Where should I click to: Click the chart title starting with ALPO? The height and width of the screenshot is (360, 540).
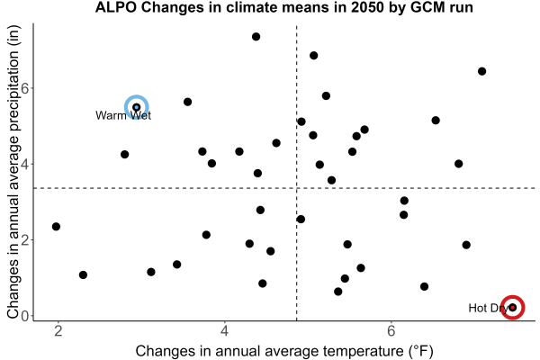tap(284, 7)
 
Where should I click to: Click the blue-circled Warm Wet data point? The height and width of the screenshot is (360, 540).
tap(137, 107)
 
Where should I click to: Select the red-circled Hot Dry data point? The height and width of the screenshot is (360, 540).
tap(513, 307)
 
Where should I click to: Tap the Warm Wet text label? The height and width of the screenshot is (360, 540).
tap(123, 115)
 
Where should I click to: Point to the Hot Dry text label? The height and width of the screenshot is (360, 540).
tap(489, 308)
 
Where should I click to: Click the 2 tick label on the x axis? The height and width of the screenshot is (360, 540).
tap(58, 331)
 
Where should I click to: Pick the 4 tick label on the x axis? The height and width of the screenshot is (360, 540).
tap(224, 331)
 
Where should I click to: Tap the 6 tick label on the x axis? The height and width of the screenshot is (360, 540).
tap(391, 331)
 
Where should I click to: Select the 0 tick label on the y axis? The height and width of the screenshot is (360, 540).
tap(25, 316)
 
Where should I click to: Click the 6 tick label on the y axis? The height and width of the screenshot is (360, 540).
tap(25, 88)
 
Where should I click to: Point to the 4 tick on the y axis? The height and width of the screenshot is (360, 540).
tap(25, 164)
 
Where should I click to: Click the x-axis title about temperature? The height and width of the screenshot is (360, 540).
tap(284, 351)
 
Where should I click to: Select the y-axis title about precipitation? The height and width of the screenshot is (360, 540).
tap(13, 172)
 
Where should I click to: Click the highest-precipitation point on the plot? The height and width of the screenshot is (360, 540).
tap(256, 37)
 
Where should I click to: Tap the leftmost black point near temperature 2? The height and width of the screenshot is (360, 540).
tap(56, 226)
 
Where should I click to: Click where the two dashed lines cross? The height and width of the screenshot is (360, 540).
tap(296, 188)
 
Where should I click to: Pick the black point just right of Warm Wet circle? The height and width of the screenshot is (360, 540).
tap(188, 102)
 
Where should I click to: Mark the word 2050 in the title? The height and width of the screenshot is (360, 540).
tap(368, 7)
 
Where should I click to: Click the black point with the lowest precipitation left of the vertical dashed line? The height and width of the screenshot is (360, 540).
tap(263, 283)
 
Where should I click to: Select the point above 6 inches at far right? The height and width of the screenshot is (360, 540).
tap(481, 71)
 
